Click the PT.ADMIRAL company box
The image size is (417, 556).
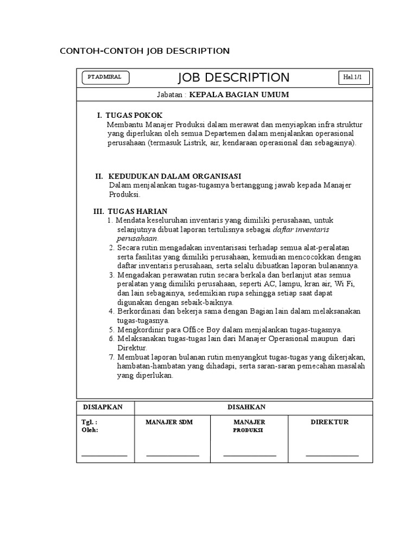coord(105,78)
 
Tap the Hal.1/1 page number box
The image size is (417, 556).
coord(356,78)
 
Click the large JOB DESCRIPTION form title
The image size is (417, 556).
coord(233,78)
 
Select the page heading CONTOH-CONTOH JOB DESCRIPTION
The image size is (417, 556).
coord(144,51)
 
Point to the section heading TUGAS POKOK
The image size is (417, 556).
coord(134,116)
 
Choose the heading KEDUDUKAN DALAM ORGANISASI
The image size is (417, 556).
coord(174,176)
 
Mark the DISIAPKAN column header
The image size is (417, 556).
coord(103,407)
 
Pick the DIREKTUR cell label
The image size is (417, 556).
coord(329,422)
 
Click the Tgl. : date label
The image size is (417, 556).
coord(90,422)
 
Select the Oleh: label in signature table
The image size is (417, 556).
coord(90,429)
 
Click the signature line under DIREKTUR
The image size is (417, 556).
coord(332,455)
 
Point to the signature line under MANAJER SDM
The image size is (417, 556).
coord(173,455)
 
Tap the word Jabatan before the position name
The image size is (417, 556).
coord(169,94)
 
